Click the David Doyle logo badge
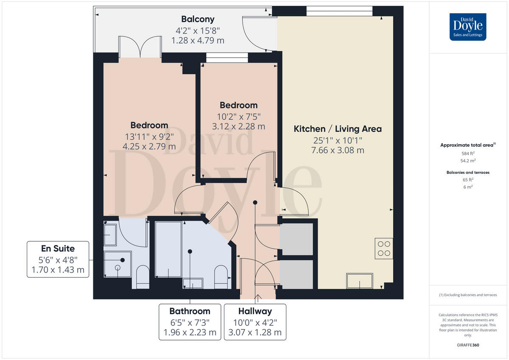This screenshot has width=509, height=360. click(x=468, y=27)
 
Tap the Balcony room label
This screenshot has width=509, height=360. click(x=198, y=19)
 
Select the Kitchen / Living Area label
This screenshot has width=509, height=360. click(x=338, y=129)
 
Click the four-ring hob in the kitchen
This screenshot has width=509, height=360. click(x=384, y=248)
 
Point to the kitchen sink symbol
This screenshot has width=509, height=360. click(x=360, y=281)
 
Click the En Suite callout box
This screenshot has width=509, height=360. click(x=58, y=259)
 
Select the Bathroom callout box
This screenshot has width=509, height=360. click(x=190, y=321)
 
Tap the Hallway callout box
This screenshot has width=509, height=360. click(x=255, y=321)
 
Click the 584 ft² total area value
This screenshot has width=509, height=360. click(x=468, y=153)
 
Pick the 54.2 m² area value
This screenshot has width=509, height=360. click(x=468, y=161)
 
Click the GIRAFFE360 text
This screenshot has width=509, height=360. click(x=468, y=345)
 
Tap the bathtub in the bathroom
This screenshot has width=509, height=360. click(x=168, y=249)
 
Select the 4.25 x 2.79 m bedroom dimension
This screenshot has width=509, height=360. click(x=149, y=147)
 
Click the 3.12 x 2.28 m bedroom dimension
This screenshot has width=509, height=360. click(x=238, y=126)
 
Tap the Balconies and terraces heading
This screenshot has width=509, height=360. click(x=468, y=173)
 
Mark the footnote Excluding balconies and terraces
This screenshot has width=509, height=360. click(x=468, y=295)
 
